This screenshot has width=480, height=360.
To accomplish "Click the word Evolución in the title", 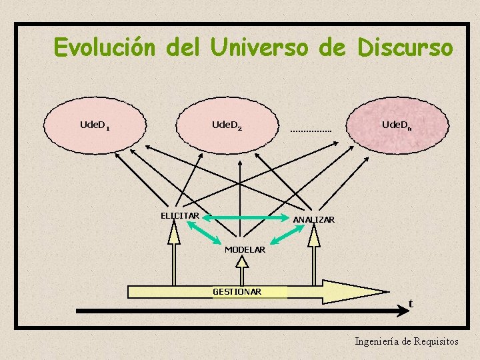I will (x=104, y=48).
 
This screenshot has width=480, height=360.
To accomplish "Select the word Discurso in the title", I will (x=405, y=48).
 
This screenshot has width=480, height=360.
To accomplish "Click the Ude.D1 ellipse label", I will (x=95, y=125).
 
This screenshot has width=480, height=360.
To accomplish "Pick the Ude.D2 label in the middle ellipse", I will (x=227, y=125).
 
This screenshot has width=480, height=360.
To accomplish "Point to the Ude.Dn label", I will (x=397, y=125).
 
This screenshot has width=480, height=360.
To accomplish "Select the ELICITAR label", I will (x=179, y=215).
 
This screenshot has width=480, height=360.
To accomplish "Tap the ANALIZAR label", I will (x=314, y=219).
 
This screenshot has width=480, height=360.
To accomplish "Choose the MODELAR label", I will (x=245, y=249).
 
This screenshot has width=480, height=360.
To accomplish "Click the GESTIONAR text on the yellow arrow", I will (x=237, y=291).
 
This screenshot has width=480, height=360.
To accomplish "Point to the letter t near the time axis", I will (x=411, y=303).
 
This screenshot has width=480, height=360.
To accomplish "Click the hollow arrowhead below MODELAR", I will (x=242, y=262).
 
